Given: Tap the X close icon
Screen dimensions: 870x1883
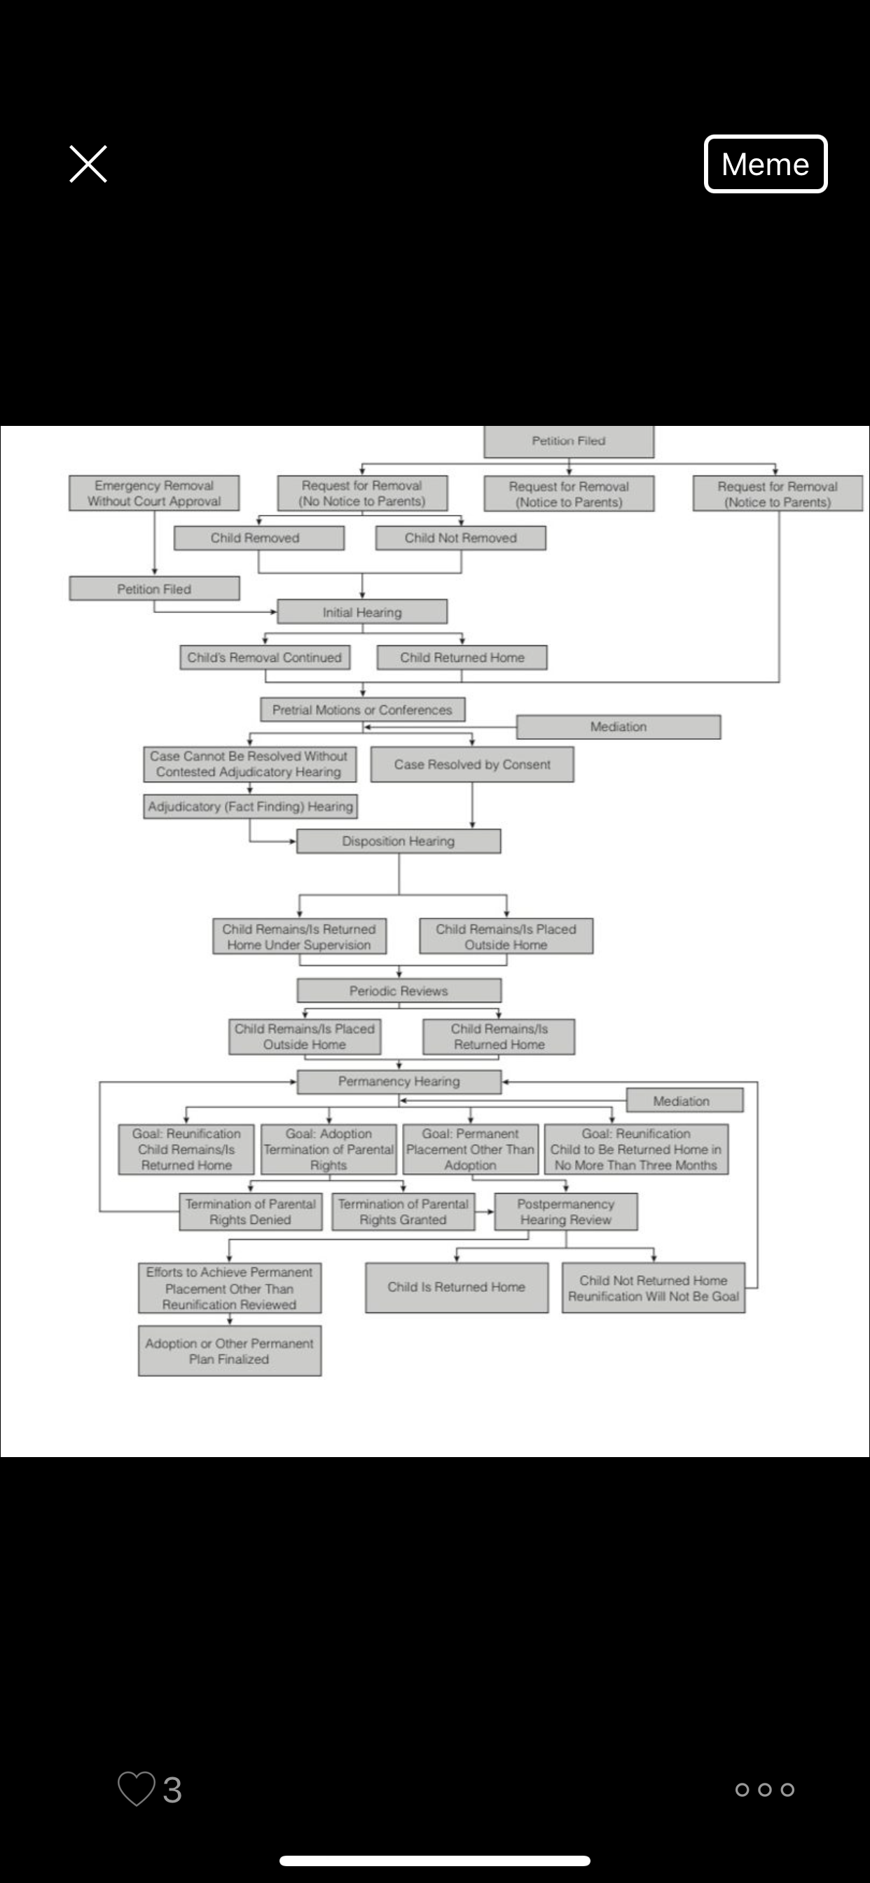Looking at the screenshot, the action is [x=88, y=164].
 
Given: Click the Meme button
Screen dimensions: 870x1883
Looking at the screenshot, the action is [x=766, y=164].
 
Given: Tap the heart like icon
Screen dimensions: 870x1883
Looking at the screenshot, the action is [x=137, y=1788].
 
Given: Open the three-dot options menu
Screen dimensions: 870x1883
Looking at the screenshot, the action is [x=765, y=1789].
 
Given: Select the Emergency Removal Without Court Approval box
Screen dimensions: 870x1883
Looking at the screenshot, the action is [x=154, y=493].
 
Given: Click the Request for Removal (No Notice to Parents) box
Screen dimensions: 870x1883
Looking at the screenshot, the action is [x=363, y=493].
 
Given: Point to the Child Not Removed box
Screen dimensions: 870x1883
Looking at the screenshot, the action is [x=461, y=538].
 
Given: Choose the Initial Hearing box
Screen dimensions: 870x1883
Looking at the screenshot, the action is [x=363, y=612].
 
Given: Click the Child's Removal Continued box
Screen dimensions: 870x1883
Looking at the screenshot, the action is [x=265, y=657].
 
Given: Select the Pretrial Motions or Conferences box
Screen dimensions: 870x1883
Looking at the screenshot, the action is [x=363, y=710].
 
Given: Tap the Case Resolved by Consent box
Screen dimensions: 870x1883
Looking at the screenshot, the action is [x=472, y=764].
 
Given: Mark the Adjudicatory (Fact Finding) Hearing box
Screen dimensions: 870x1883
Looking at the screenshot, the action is [x=251, y=806].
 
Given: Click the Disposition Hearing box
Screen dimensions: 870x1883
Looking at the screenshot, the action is [x=399, y=841].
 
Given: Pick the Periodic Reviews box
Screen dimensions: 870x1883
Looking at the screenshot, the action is [x=399, y=991].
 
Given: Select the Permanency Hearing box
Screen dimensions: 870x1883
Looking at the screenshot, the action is [x=399, y=1081].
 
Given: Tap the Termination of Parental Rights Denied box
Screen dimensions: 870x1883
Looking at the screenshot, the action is [x=251, y=1212].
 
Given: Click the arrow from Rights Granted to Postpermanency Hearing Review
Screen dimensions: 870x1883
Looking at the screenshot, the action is [x=485, y=1212].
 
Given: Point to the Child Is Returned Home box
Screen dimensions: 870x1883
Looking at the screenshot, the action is [x=457, y=1288].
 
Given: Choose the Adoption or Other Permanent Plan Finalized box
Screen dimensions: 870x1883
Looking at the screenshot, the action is [x=230, y=1351].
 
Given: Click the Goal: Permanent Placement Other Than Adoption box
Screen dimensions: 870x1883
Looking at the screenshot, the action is [x=471, y=1149].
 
